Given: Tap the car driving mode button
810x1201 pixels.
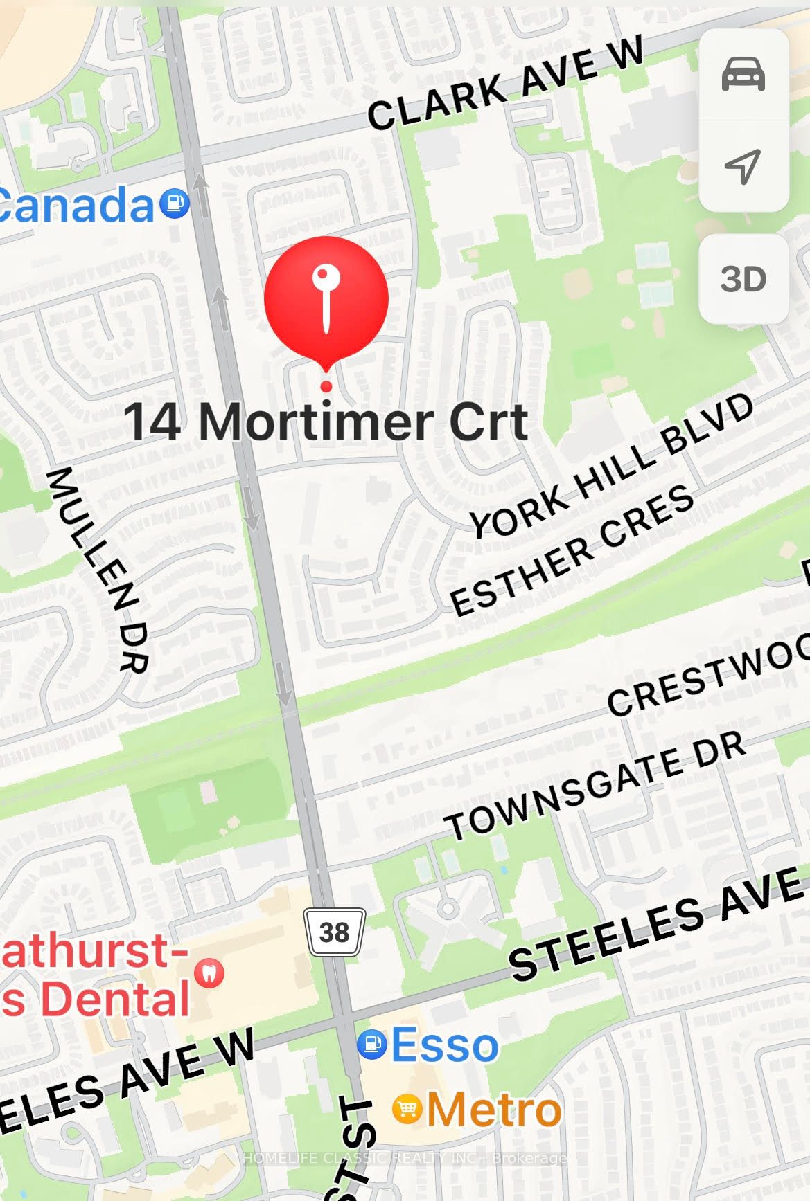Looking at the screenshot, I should point(743,75).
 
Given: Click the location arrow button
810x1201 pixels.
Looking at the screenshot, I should point(743,166).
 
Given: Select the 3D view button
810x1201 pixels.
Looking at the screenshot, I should point(743,279).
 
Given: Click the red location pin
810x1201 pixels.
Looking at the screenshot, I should point(326,298).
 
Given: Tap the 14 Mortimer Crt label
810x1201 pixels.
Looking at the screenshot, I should point(326,422).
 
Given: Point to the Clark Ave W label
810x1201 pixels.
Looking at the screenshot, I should point(506,83).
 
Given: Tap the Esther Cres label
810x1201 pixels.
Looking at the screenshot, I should point(572,550).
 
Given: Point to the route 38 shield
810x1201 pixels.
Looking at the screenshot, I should point(335,932).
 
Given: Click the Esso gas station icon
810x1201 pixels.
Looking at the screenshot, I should point(372,1045).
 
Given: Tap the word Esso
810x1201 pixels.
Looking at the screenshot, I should point(445,1045).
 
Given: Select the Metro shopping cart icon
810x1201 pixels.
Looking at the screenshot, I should point(407,1110).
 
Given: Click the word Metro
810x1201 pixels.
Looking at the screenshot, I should point(493,1110).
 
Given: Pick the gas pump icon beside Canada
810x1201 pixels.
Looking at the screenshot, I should point(174,204).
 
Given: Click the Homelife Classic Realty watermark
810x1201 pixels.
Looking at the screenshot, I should point(405,1157).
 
